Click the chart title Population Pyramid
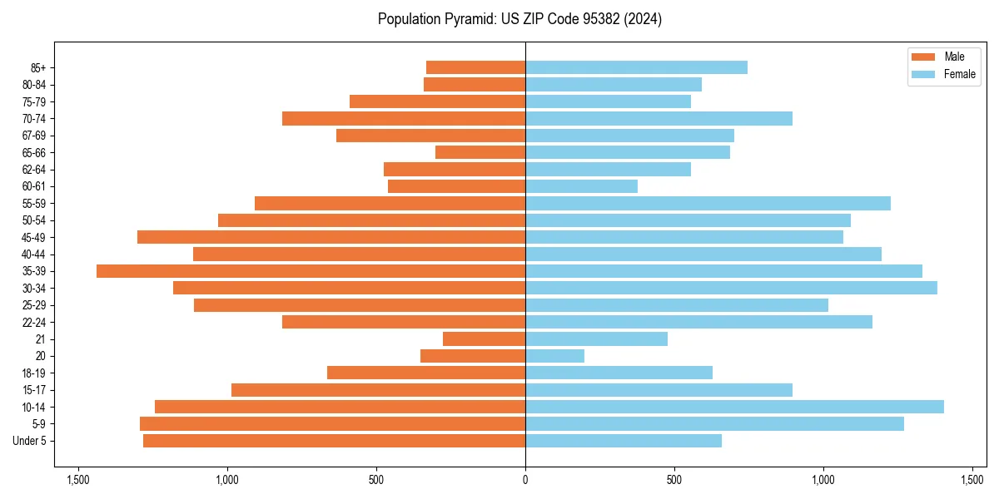coord(519,19)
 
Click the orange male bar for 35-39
coord(311,271)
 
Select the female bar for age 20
coord(554,356)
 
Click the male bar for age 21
coord(484,338)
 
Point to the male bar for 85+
coord(475,67)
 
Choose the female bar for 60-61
coord(581,186)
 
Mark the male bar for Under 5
coord(334,440)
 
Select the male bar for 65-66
coord(480,152)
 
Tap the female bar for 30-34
coord(731,288)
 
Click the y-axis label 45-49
coord(35,237)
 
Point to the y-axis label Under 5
coord(30,440)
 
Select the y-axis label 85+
coord(38,67)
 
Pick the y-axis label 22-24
coord(35,322)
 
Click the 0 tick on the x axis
coord(525,480)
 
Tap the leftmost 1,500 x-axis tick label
coord(78,480)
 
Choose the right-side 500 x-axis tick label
coord(674,480)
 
